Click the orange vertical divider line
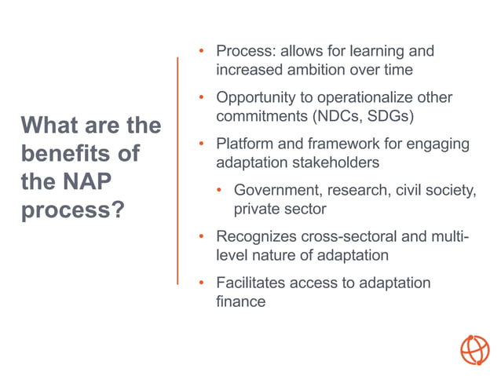[178, 170]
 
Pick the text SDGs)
[385, 116]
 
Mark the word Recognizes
[255, 236]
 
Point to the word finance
[240, 301]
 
